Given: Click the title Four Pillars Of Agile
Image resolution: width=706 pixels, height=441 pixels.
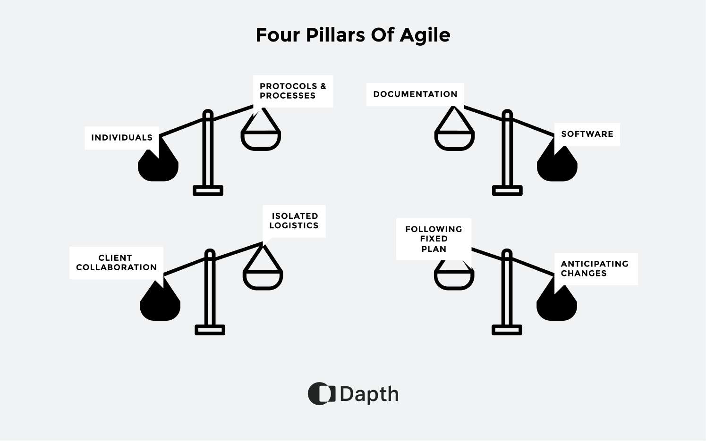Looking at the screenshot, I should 353,35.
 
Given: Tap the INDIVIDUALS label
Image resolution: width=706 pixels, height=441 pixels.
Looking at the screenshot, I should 122,138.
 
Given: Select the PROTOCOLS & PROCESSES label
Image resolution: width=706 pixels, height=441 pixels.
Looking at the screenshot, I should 293,91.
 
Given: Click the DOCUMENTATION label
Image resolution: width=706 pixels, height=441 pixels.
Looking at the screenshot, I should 415,94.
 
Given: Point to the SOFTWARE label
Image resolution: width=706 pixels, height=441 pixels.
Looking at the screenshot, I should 587,134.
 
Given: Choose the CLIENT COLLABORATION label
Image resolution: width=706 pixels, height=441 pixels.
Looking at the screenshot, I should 116,263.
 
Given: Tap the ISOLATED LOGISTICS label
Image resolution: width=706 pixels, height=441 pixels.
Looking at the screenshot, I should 294,221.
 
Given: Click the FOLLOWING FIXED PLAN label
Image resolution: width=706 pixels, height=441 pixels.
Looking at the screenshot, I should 434,239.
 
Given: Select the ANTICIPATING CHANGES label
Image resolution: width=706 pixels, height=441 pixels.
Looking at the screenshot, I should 595,268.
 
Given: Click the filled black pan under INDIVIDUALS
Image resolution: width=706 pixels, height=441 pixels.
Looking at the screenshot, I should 158,167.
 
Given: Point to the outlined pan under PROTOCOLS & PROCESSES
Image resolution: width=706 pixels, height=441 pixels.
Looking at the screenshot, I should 261,139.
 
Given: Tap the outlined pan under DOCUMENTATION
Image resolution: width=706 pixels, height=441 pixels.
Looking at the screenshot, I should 454,139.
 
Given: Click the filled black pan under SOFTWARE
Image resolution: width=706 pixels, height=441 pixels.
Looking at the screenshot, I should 557,167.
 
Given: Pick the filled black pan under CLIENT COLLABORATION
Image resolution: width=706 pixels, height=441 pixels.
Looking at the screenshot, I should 160,307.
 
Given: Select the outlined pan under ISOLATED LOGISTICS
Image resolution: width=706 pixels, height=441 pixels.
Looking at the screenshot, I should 263,278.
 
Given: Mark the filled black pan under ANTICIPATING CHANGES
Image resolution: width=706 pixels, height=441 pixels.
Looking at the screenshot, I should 557,307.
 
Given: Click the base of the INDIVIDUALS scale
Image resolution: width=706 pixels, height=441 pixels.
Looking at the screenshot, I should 208,191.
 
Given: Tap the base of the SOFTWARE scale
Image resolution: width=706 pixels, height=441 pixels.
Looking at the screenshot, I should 507,191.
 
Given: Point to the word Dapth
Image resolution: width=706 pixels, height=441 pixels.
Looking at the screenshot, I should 369,394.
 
